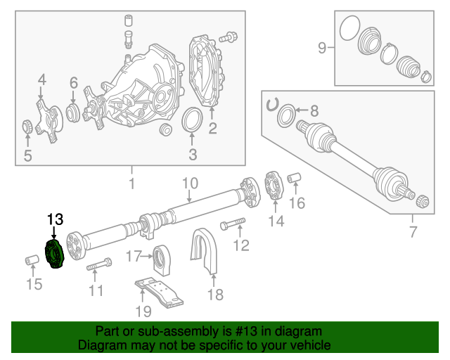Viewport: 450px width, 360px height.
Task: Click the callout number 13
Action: [x=55, y=219]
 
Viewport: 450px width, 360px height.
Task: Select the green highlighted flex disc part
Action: [x=54, y=254]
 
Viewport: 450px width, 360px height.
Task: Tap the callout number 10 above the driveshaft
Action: [x=191, y=184]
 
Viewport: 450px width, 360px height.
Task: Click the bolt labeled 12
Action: [x=233, y=226]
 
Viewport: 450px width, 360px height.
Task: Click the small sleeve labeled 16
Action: [x=296, y=177]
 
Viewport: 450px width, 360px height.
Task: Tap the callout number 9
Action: [x=322, y=48]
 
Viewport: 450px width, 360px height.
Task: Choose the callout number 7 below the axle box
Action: [x=413, y=232]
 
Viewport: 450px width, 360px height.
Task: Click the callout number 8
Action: [x=314, y=110]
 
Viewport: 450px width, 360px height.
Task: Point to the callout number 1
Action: [x=130, y=184]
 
